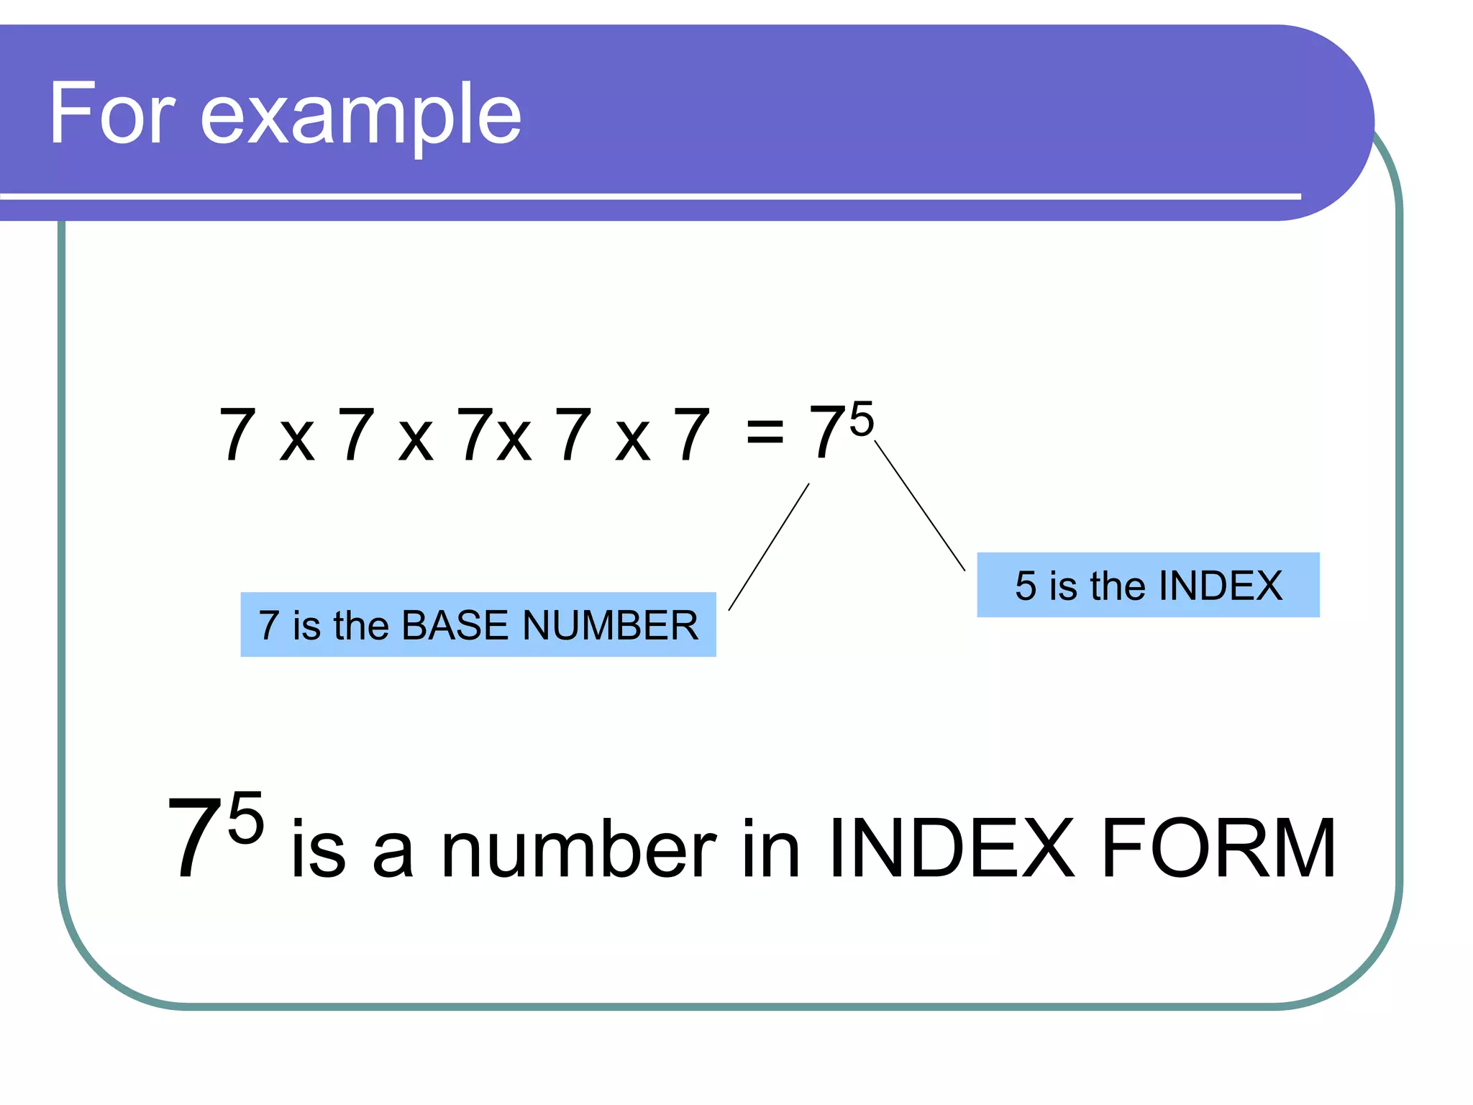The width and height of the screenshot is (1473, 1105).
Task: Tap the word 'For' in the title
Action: [x=111, y=114]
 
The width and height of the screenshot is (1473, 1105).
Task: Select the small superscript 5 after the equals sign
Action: [x=861, y=419]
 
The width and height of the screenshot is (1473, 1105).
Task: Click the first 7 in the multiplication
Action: [x=237, y=434]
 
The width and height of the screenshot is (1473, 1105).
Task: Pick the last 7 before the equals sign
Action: [x=691, y=434]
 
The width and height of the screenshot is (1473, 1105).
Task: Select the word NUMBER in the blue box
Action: [x=610, y=625]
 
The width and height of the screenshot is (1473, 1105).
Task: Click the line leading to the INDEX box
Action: [x=920, y=506]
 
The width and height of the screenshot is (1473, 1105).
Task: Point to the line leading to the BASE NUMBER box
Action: [x=769, y=547]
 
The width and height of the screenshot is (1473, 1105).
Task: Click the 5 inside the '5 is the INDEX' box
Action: [x=1026, y=586]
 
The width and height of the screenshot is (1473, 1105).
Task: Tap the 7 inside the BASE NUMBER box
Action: [x=269, y=625]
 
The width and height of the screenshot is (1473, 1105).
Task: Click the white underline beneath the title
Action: [x=647, y=196]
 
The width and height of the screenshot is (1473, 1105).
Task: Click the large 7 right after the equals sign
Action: [x=827, y=432]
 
